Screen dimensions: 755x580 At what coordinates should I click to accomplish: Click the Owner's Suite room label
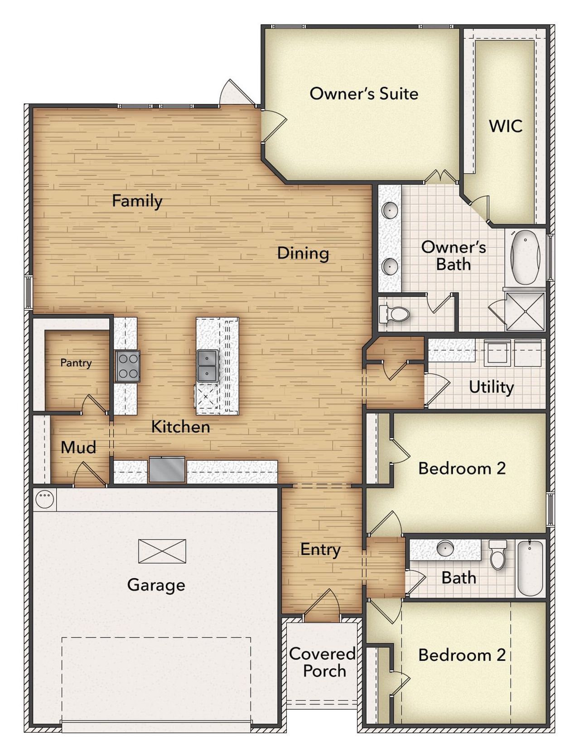(364, 94)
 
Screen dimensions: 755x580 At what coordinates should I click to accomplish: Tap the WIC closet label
(506, 126)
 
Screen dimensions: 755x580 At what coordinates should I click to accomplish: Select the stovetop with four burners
(127, 366)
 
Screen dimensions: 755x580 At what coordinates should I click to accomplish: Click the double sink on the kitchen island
(208, 365)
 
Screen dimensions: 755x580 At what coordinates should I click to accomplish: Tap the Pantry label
(76, 363)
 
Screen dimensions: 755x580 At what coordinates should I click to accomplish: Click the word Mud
(78, 448)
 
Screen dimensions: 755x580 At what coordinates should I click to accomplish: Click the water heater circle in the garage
(45, 499)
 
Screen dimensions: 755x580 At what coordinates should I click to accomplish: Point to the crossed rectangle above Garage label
(162, 550)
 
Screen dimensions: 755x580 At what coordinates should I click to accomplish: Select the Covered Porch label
(323, 662)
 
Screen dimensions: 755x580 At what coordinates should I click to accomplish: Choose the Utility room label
(491, 387)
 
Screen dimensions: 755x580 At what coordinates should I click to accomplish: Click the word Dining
(303, 253)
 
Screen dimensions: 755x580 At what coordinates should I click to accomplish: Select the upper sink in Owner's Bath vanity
(390, 210)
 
